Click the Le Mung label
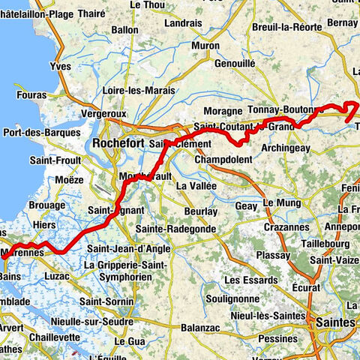280,203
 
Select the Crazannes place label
280,226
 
